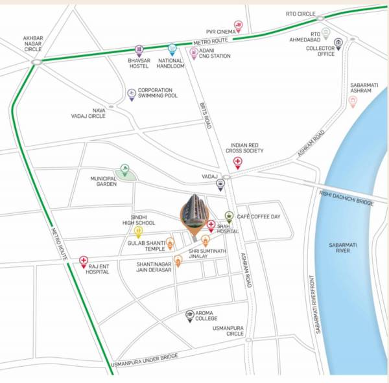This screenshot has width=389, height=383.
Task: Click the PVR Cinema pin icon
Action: (x=240, y=26)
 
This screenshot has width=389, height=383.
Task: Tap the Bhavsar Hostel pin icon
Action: (x=139, y=50)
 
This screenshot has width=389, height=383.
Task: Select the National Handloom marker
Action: (x=172, y=49)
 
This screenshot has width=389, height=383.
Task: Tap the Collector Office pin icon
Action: (x=338, y=43)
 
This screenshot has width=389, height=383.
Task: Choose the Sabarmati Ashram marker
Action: (x=353, y=101)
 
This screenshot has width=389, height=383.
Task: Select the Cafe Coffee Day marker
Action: (x=229, y=216)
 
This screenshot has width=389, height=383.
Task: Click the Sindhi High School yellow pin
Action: (x=138, y=231)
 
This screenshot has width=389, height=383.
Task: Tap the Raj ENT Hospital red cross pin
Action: (x=84, y=261)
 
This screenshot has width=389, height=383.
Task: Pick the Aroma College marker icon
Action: (x=190, y=314)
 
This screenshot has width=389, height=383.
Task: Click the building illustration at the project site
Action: (x=193, y=211)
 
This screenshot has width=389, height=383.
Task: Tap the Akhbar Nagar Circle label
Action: (x=32, y=43)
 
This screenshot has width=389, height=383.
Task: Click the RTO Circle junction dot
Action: (x=320, y=19)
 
